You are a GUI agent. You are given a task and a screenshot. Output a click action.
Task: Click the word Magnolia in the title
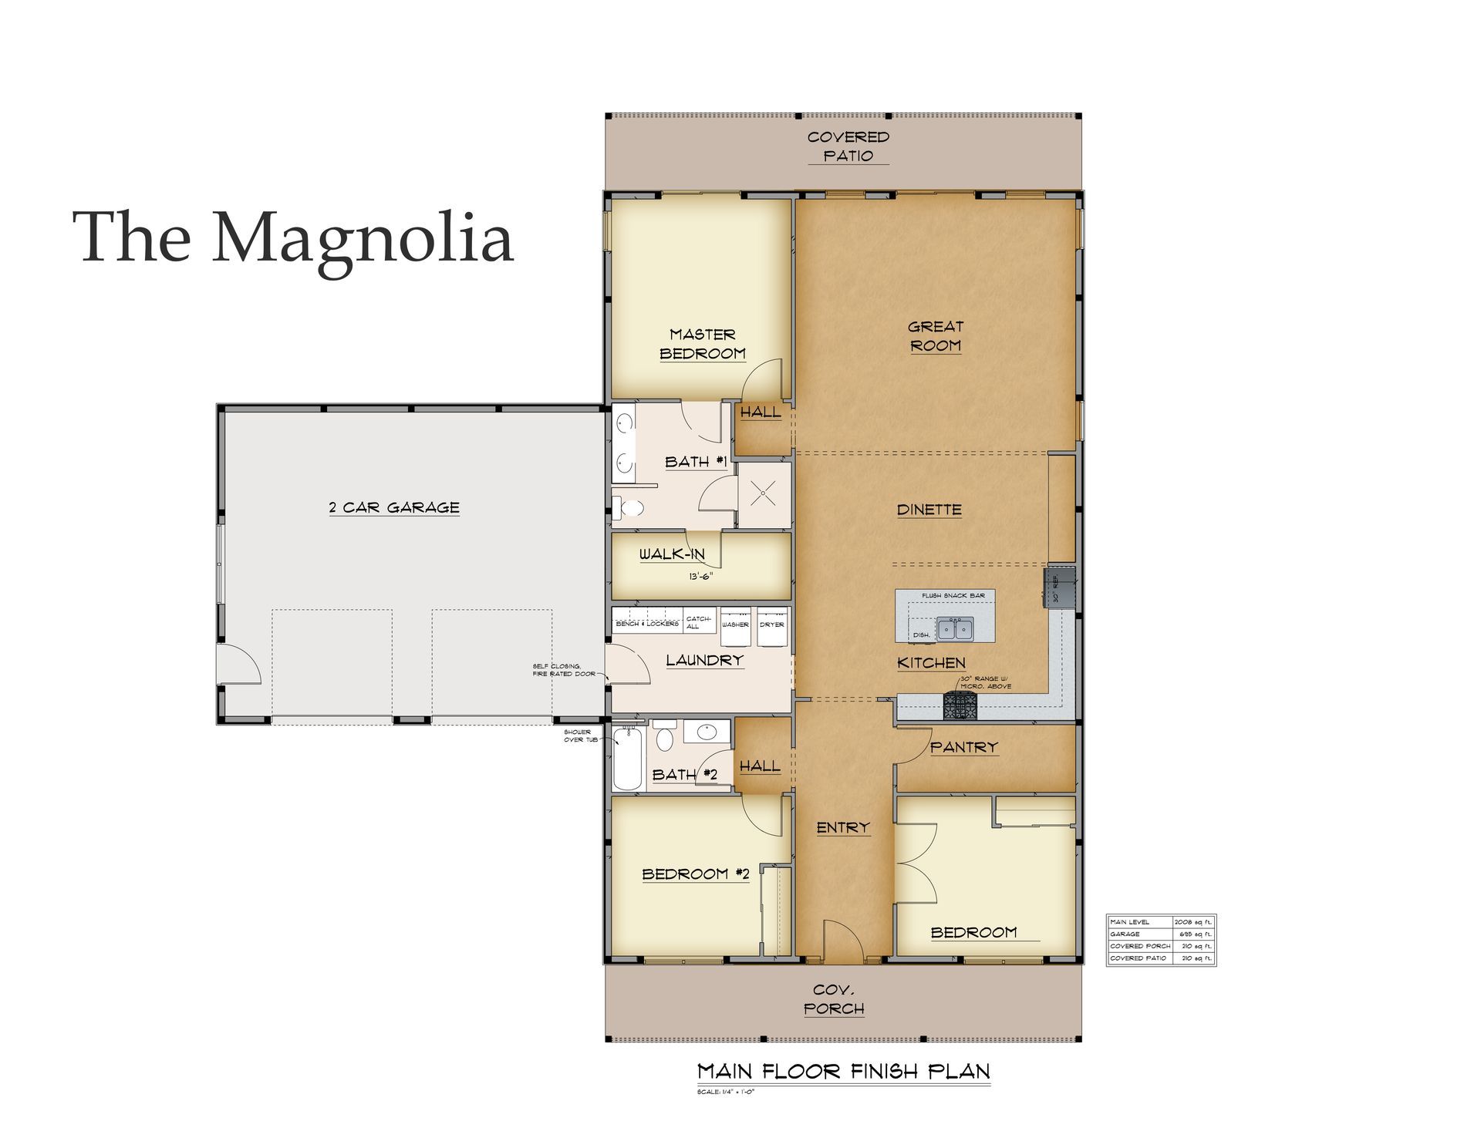363,237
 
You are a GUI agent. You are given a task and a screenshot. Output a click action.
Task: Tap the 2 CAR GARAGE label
394,507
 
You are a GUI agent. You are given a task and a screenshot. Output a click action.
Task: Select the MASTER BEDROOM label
702,344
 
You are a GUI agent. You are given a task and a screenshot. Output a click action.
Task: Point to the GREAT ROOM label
935,336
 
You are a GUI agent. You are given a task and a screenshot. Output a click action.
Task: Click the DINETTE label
929,510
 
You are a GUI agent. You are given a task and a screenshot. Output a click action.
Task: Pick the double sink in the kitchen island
954,629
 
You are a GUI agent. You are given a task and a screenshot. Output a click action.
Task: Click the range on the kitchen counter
960,705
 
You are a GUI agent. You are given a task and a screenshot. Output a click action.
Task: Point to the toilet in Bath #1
630,507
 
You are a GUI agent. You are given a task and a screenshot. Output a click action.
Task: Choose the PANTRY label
963,747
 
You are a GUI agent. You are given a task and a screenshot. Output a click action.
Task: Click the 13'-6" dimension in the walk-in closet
700,575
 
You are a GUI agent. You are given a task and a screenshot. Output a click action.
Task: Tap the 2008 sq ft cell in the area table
1193,922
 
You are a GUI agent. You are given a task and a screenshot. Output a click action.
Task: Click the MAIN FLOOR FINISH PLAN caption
843,1071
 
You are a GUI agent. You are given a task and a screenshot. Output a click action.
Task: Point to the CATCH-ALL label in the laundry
698,622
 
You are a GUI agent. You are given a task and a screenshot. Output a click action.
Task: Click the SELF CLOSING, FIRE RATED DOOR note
563,670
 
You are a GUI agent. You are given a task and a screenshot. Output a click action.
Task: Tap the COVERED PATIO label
848,146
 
